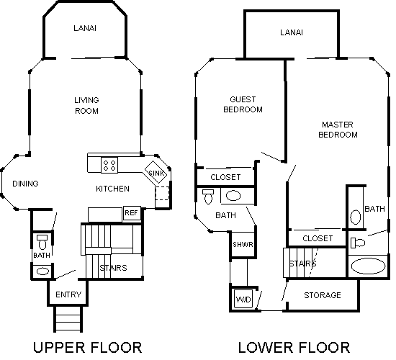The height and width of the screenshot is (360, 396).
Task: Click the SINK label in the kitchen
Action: click(x=156, y=173)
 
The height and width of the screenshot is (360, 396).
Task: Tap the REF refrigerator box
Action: click(x=132, y=214)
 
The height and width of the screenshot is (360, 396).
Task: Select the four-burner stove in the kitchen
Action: click(x=109, y=165)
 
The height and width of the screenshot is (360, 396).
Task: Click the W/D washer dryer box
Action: click(x=243, y=299)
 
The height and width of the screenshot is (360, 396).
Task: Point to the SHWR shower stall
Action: click(x=243, y=245)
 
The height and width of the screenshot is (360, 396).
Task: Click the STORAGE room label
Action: click(x=323, y=295)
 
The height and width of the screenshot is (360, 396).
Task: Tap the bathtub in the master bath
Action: click(x=368, y=266)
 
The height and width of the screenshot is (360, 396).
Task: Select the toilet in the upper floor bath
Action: click(x=42, y=242)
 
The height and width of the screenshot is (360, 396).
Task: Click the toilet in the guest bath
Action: click(x=208, y=197)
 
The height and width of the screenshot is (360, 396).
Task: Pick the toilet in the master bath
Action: click(x=358, y=243)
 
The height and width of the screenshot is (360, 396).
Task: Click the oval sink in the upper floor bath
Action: click(x=43, y=271)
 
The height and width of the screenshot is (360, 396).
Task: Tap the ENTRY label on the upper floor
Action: click(x=68, y=294)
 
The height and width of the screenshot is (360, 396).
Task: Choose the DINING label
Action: click(x=25, y=184)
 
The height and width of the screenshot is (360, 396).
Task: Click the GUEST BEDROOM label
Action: click(x=243, y=104)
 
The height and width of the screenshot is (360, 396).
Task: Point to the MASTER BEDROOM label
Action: click(x=338, y=130)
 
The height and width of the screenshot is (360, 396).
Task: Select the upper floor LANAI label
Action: click(x=85, y=28)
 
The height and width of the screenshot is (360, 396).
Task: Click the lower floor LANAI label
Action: click(x=292, y=32)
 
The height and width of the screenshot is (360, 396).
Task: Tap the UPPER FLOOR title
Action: click(x=88, y=347)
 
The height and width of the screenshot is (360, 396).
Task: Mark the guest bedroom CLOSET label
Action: click(x=225, y=177)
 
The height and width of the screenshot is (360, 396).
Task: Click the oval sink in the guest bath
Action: click(x=233, y=196)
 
